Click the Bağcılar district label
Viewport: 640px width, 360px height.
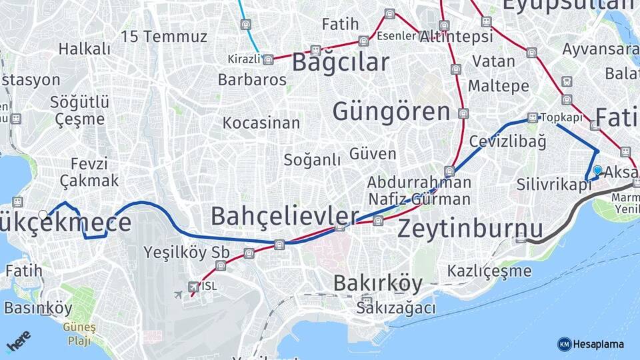[341, 63]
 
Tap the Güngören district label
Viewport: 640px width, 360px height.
[391, 111]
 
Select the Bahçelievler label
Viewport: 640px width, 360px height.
[285, 216]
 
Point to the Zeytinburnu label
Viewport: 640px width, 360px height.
[471, 229]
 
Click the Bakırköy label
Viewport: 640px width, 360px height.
[378, 283]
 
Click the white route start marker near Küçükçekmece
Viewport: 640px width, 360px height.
[43, 215]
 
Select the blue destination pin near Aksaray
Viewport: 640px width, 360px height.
[597, 171]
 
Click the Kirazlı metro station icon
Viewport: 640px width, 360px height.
[268, 60]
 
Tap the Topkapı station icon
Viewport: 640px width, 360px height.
[532, 118]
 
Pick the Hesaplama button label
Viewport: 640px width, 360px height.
[598, 344]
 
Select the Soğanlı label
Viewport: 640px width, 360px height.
[312, 160]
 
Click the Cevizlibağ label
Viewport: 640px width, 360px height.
[507, 141]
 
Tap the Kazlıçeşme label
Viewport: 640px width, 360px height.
[489, 271]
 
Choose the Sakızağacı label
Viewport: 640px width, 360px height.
[396, 308]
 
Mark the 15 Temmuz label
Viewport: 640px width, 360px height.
[164, 37]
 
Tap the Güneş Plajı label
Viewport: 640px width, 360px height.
[79, 334]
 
